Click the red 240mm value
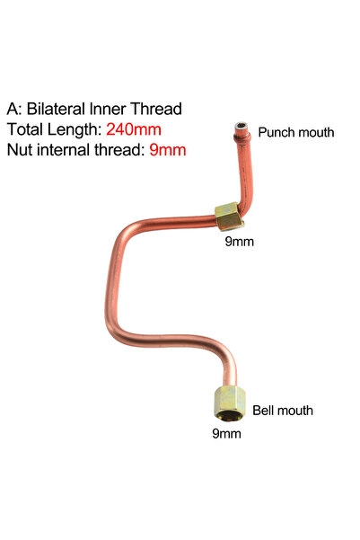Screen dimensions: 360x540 click(134, 129)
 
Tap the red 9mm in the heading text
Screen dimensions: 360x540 click(168, 150)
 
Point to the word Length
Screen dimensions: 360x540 click(74, 130)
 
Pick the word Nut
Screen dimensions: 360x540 click(20, 150)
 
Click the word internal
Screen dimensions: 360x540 click(64, 150)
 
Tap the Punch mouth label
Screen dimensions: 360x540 click(296, 132)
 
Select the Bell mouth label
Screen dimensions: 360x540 click(283, 411)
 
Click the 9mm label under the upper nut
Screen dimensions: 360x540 click(239, 242)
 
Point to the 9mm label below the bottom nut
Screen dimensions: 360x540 click(226, 433)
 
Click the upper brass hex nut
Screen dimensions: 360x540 click(229, 217)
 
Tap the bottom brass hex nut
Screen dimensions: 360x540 click(230, 403)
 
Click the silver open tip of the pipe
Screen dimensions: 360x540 click(241, 128)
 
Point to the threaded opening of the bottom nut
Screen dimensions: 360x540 click(229, 414)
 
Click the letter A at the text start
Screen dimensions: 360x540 click(14, 110)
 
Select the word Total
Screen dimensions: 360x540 click(25, 129)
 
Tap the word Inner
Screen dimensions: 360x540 click(108, 109)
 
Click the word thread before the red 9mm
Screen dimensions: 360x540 click(119, 150)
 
